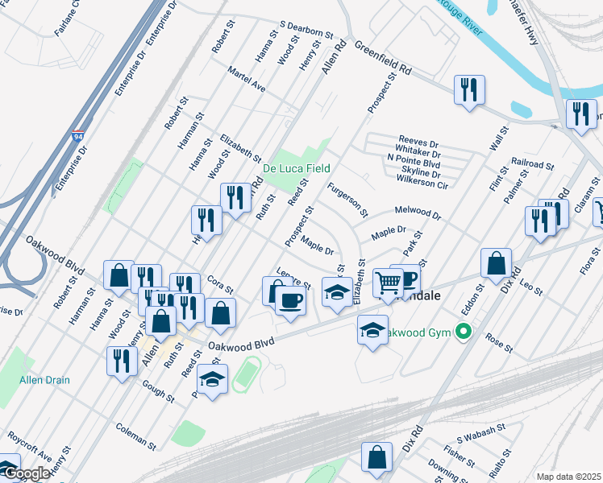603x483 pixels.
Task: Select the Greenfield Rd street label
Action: point(382,60)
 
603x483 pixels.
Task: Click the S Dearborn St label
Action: point(306,30)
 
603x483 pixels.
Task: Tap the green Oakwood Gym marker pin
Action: point(463,331)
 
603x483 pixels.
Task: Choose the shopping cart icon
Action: point(389,283)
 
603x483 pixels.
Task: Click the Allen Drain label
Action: point(44,380)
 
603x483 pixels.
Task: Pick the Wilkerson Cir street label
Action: point(419,184)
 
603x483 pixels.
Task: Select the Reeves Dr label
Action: point(418,141)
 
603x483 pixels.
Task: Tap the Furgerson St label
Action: point(347,200)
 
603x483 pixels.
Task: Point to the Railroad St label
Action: point(532,164)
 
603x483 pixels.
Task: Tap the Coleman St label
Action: point(135,436)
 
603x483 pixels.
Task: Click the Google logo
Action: point(27,474)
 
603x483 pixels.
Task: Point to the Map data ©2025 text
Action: point(568,477)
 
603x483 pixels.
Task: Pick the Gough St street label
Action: point(157,391)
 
